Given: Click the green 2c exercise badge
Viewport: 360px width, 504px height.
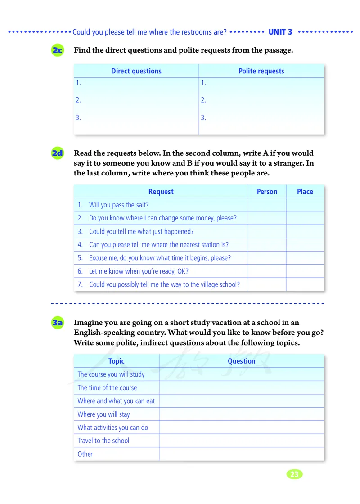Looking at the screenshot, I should click(58, 50).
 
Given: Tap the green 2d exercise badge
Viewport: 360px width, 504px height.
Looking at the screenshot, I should click(58, 153).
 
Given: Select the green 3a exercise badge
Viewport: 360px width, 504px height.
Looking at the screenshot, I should click(58, 323).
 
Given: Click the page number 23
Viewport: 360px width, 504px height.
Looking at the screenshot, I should click(294, 474).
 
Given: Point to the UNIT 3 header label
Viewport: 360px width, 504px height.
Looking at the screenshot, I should click(280, 32).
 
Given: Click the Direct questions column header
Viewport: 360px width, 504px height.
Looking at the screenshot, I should click(136, 71).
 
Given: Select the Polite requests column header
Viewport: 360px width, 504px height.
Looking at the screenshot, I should click(261, 71).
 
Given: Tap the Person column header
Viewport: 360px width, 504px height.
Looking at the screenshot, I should click(267, 192).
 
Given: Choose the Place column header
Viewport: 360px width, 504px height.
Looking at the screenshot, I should click(305, 192).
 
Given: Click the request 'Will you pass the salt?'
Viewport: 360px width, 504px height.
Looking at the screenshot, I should click(119, 205).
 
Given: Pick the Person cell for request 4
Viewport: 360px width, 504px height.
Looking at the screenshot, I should click(267, 245).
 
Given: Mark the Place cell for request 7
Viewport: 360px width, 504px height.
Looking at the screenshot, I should click(305, 284).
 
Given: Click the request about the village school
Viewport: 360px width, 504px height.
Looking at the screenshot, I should click(164, 284).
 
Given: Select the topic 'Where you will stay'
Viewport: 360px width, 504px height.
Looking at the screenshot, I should click(103, 414).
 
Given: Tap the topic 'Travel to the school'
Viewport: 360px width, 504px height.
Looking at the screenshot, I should click(103, 441).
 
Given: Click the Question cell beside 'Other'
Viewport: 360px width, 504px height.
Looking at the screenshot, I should click(241, 454).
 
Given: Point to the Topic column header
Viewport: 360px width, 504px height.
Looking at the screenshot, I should click(116, 361).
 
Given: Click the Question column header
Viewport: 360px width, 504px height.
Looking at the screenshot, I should click(241, 361).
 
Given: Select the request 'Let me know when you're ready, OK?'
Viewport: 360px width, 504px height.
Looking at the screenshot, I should click(139, 271).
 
